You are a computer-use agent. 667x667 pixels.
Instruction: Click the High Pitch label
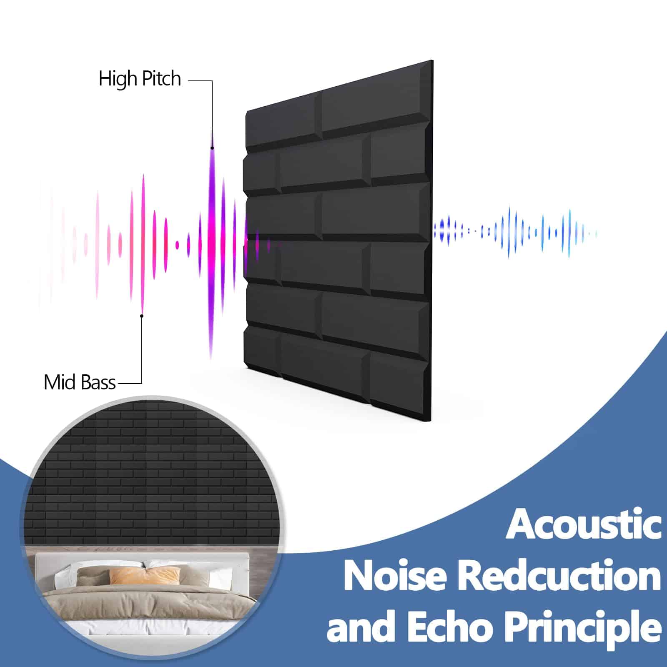click(140, 78)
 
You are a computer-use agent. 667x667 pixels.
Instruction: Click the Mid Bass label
click(80, 382)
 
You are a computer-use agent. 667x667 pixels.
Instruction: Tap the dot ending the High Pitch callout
click(212, 148)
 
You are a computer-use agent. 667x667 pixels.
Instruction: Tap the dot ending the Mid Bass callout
click(142, 316)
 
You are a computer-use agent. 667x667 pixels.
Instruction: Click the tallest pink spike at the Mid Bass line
click(143, 244)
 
